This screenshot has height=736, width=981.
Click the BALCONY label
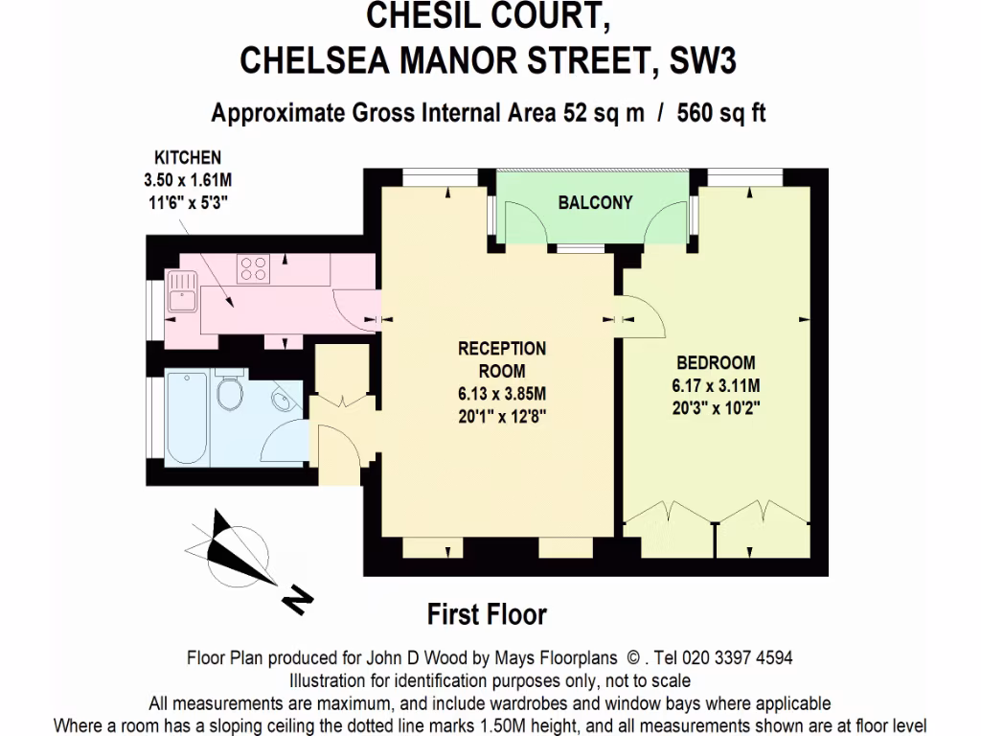click(595, 202)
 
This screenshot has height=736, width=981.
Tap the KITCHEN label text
click(189, 158)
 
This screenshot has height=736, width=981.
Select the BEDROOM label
click(716, 363)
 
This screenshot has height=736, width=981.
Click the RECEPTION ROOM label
click(501, 359)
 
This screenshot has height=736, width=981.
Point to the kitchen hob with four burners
click(253, 267)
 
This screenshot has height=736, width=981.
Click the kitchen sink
click(181, 290)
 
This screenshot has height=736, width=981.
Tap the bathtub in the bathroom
click(185, 418)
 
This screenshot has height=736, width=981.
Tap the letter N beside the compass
click(298, 600)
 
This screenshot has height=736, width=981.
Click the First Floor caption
click(487, 613)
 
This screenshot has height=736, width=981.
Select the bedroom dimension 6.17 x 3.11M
click(716, 386)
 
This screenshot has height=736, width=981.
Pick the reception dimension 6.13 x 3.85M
click(501, 394)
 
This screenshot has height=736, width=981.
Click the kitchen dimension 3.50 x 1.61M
click(189, 179)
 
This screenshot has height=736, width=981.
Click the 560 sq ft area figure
click(721, 113)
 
